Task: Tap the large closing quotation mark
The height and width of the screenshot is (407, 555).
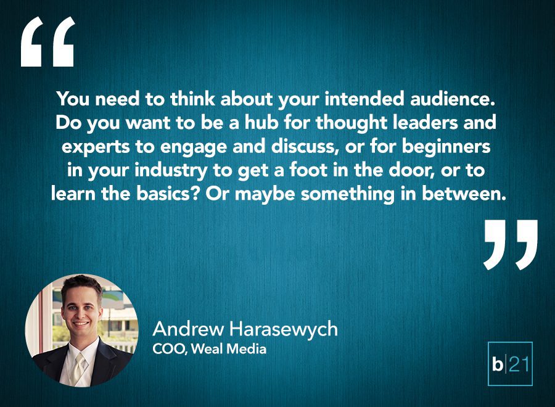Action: pyautogui.click(x=511, y=245)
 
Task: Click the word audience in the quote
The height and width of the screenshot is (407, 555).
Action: pyautogui.click(x=452, y=99)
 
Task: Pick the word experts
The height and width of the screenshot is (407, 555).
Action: pyautogui.click(x=96, y=147)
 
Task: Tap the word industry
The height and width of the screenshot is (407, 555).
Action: pyautogui.click(x=171, y=171)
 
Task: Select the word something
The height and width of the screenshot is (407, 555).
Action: pyautogui.click(x=348, y=195)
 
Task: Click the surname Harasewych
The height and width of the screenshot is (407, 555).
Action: pyautogui.click(x=284, y=329)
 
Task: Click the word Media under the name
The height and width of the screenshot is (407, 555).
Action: pyautogui.click(x=246, y=349)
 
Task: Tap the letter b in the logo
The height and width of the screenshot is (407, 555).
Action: pyautogui.click(x=497, y=364)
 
